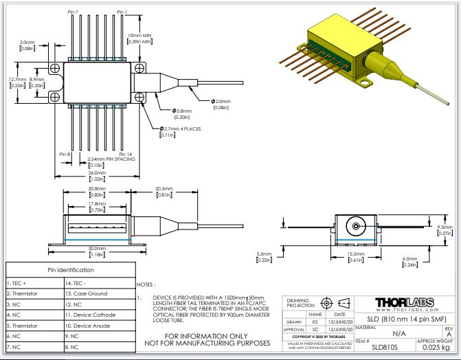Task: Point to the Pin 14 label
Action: point(125,154)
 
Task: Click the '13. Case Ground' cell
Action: point(85,293)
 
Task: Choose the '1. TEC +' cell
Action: point(19,282)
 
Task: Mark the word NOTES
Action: point(146,283)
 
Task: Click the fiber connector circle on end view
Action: point(355,225)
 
